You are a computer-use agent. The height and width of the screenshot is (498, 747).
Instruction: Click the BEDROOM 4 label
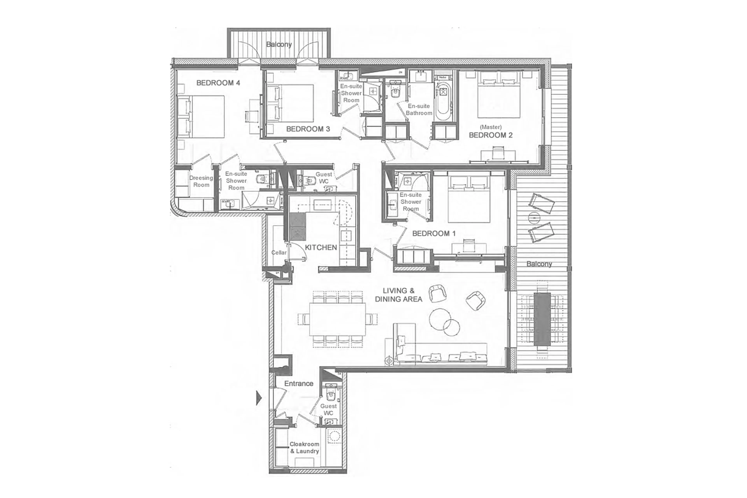(218, 83)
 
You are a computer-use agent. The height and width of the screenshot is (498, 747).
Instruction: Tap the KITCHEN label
(321, 247)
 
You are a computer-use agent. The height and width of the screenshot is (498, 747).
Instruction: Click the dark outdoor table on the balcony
(542, 319)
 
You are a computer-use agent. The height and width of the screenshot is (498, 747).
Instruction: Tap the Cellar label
(279, 252)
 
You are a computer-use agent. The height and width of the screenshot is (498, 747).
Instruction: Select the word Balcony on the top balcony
(279, 44)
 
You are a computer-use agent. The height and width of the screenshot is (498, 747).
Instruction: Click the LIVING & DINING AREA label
(398, 295)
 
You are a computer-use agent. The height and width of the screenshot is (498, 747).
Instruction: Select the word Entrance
(298, 383)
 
